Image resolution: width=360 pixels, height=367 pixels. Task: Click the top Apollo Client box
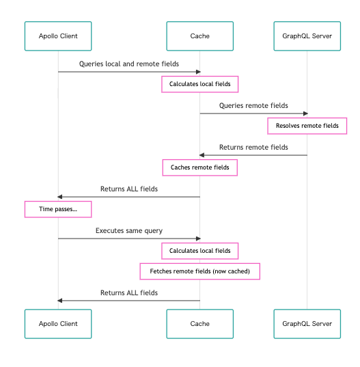pos(58,36)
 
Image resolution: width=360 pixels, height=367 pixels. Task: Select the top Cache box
pos(199,36)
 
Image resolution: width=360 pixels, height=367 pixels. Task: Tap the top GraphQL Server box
pos(307,36)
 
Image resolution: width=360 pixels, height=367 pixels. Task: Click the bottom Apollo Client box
pos(58,324)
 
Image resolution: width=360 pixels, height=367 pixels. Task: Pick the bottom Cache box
pos(199,324)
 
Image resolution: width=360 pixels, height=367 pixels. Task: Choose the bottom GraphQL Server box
pos(307,324)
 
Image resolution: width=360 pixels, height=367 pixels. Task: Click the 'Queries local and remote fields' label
pos(129,64)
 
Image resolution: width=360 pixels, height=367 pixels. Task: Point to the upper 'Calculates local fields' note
pos(199,84)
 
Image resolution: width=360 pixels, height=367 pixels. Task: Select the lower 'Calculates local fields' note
pos(199,251)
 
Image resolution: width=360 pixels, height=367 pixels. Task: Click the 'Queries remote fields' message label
pos(253,105)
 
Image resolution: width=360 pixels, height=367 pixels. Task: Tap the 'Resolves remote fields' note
pos(307,126)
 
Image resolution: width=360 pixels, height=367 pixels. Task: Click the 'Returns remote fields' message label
pos(253,147)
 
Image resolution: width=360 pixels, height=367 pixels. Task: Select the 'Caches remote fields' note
pos(199,167)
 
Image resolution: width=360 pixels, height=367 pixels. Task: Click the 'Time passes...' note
pos(58,209)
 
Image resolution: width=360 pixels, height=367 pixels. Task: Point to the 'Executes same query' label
pos(129,231)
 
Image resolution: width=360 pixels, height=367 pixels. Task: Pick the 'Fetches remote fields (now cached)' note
pos(199,271)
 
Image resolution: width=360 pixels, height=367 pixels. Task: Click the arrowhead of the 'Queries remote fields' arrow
pos(305,113)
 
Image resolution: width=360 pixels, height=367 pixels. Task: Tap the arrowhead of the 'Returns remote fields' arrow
pos(202,155)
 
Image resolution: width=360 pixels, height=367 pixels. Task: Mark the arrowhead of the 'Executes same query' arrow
pos(198,239)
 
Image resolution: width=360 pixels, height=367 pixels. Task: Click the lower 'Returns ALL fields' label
pos(129,293)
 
